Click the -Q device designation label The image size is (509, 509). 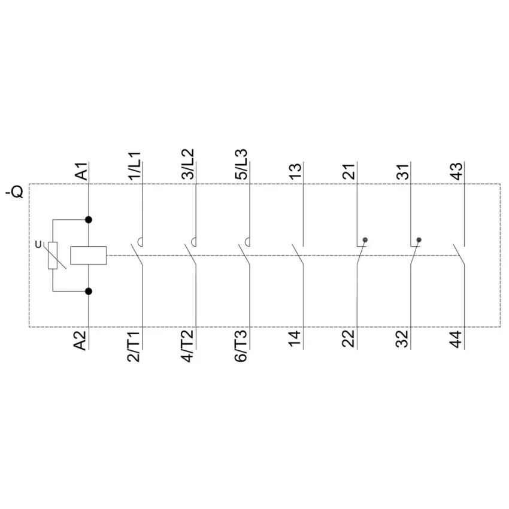pos(14,191)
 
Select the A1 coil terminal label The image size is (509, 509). pos(81,171)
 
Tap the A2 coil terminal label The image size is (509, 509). pos(80,341)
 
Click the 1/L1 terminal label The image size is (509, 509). pos(134,165)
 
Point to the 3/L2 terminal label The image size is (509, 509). pos(188,164)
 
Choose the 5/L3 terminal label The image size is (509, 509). pos(241,165)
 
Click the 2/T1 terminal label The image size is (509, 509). pos(134,347)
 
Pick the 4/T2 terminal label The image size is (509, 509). pos(187,346)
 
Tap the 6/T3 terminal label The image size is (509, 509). pos(241,346)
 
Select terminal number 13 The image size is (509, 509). pos(295,171)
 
